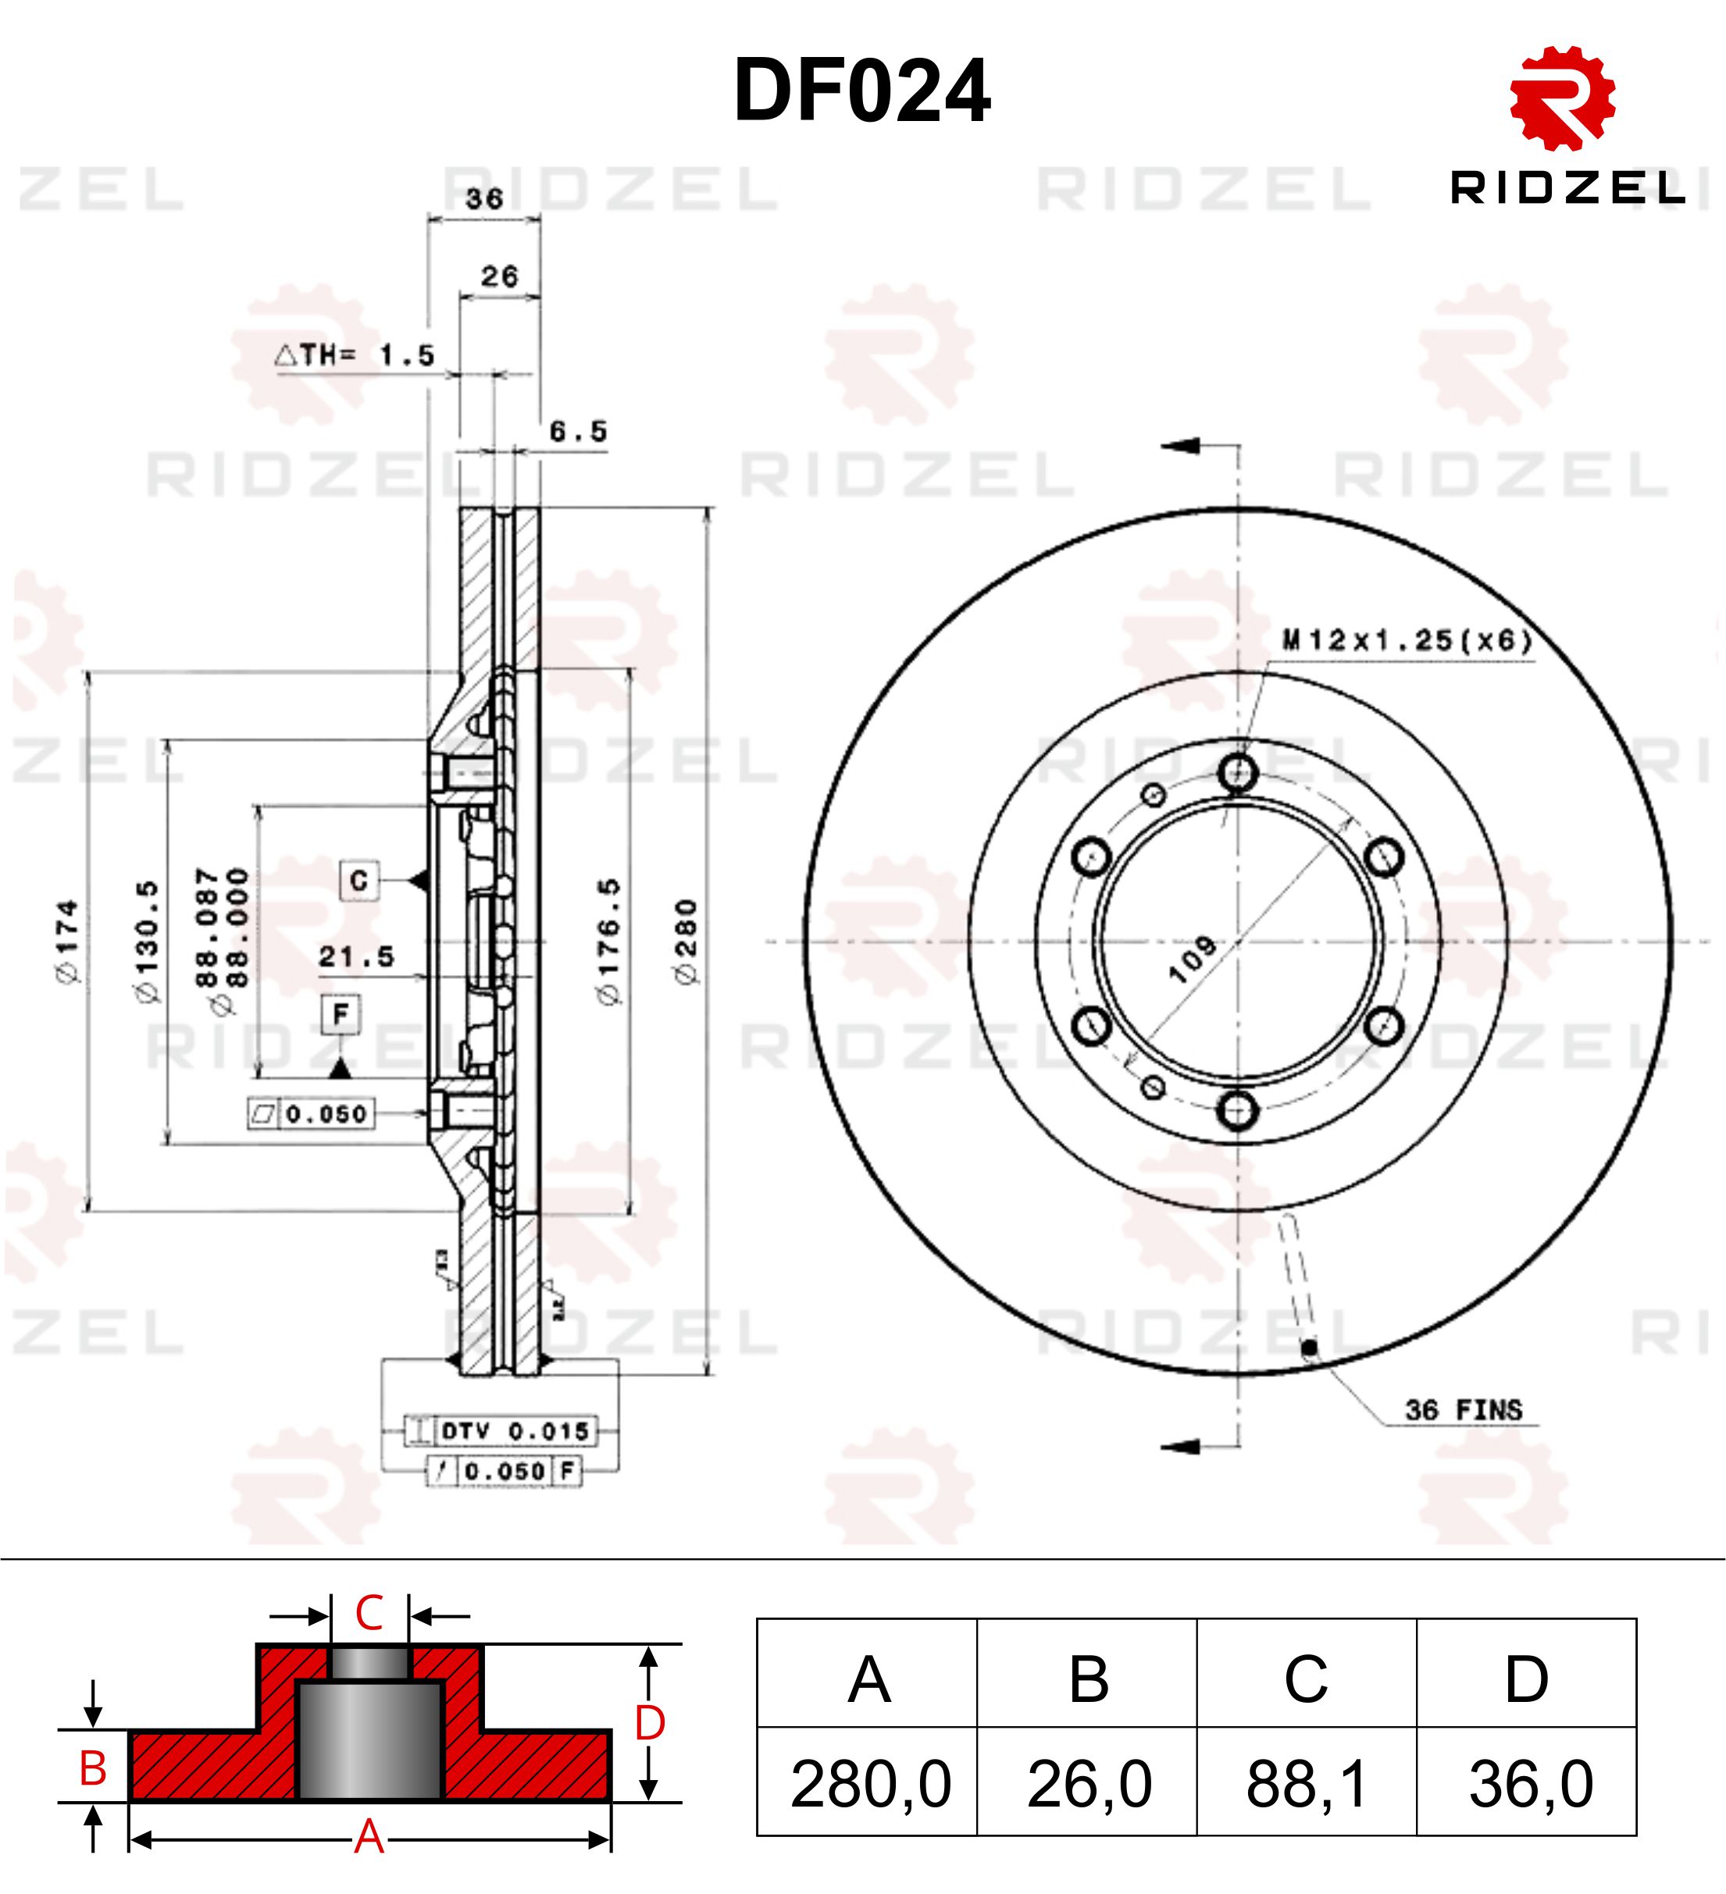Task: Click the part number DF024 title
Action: tap(861, 91)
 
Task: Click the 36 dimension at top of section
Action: tap(484, 198)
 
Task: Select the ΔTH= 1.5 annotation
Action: tap(355, 355)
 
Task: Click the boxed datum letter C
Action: tap(359, 881)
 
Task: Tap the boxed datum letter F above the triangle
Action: tap(341, 1013)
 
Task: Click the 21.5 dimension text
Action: tap(356, 956)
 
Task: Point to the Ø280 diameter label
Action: tap(686, 942)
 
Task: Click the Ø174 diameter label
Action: tap(68, 942)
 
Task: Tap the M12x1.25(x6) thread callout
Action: tap(1407, 641)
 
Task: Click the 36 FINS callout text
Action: tap(1463, 1410)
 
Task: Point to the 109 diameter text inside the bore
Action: tap(1191, 959)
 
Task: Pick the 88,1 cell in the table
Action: tap(1306, 1784)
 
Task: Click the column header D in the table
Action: tap(1526, 1679)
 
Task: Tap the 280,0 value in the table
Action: tap(870, 1784)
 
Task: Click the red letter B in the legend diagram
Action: tap(92, 1768)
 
